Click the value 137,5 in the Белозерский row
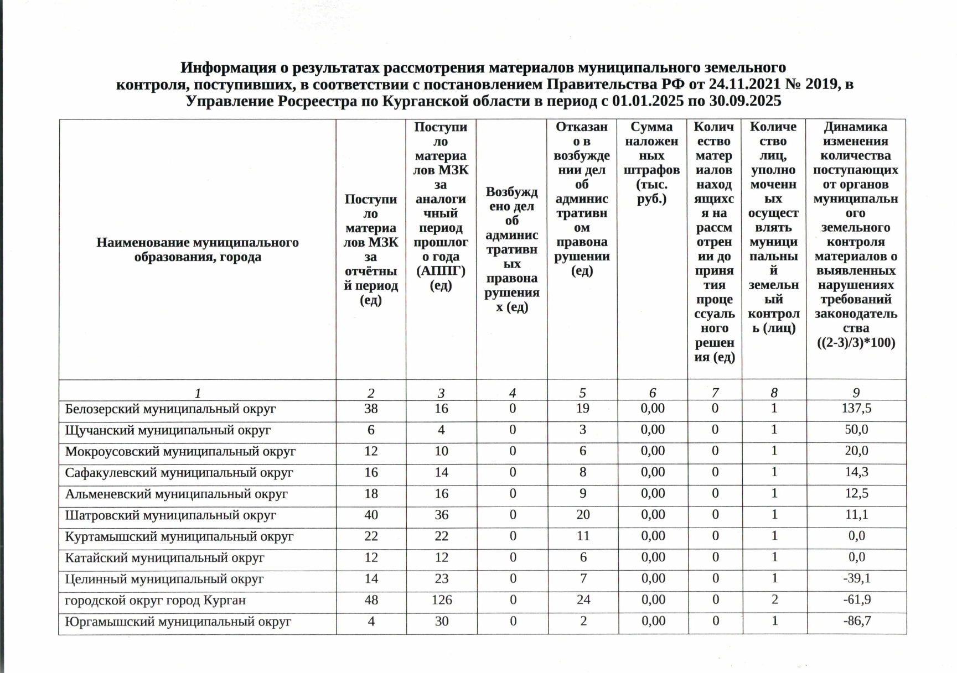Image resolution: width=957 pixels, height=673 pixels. (856, 409)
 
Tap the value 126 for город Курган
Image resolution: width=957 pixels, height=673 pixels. (441, 600)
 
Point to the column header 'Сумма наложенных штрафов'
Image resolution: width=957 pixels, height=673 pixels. (652, 163)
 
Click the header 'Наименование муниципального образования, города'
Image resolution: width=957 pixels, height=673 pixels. (198, 249)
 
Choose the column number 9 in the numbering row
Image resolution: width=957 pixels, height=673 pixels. (856, 393)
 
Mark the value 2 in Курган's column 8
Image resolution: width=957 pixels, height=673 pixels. (774, 600)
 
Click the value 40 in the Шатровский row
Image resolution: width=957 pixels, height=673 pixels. (371, 515)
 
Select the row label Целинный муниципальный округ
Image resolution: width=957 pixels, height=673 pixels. (164, 579)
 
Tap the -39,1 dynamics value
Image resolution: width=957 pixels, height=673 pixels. (856, 578)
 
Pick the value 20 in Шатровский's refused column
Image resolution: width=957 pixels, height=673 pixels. (583, 515)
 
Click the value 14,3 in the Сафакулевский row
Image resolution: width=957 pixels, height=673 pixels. (856, 472)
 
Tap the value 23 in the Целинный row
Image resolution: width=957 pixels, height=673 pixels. (441, 579)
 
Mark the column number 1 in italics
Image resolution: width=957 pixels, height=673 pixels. (198, 393)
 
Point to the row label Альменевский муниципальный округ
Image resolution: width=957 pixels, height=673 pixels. (176, 494)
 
